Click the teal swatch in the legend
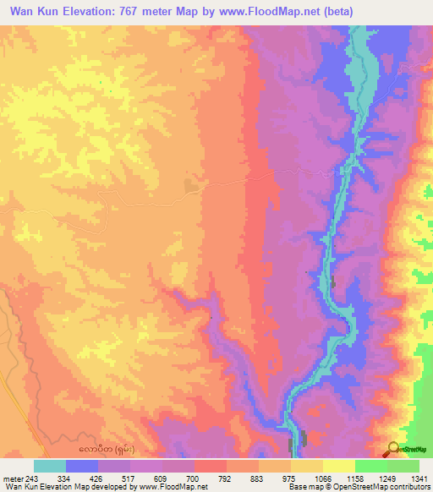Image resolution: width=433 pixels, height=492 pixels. pyautogui.click(x=50, y=466)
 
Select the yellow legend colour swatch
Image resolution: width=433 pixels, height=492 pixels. pyautogui.click(x=307, y=466)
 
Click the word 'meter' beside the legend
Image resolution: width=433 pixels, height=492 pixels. pyautogui.click(x=14, y=478)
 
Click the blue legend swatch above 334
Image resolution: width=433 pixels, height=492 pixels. pyautogui.click(x=82, y=466)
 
